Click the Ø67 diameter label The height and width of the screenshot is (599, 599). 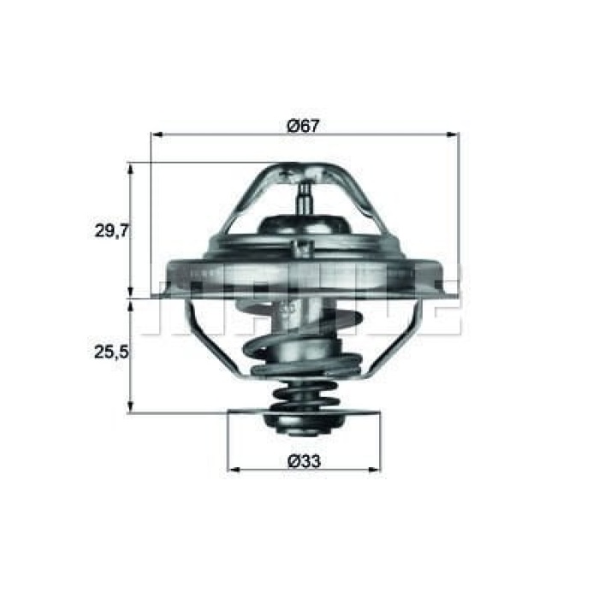(x=303, y=125)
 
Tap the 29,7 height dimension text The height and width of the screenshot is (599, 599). (x=110, y=230)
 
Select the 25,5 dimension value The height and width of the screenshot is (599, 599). (x=110, y=351)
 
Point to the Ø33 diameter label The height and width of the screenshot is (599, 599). (x=303, y=461)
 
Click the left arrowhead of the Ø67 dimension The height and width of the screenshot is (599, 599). (x=156, y=134)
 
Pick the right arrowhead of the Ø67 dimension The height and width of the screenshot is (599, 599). (x=454, y=134)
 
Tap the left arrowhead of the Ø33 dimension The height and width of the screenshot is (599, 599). (x=233, y=471)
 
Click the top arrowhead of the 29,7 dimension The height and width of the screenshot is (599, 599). (x=131, y=168)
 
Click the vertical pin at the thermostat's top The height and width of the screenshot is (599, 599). (x=304, y=196)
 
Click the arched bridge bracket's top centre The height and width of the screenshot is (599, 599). (x=304, y=167)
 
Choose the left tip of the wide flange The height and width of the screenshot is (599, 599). (x=157, y=295)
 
